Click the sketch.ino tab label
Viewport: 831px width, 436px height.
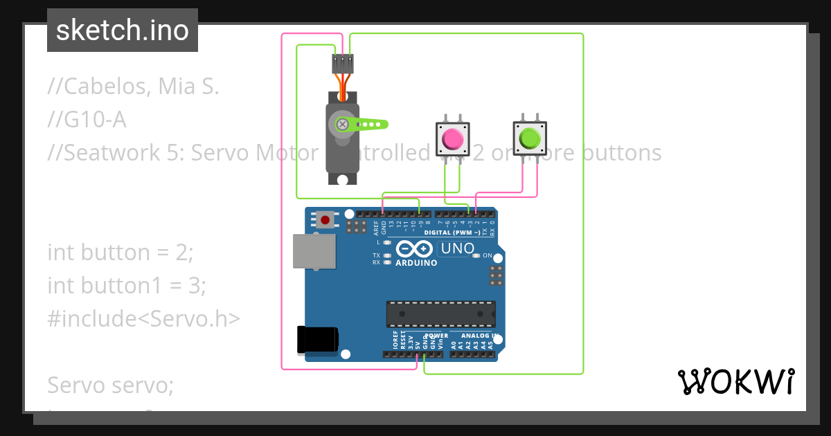(x=123, y=30)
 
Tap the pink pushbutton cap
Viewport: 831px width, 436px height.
(x=452, y=139)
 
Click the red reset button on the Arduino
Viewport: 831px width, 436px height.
(x=325, y=220)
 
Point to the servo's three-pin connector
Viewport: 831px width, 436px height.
(x=343, y=64)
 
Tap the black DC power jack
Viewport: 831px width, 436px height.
(x=317, y=339)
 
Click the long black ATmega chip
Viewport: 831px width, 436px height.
(x=440, y=314)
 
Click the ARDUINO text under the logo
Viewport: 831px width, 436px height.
(x=416, y=263)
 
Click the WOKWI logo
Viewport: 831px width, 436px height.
(x=735, y=381)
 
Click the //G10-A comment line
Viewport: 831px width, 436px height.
(x=87, y=120)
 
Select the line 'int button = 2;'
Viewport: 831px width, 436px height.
(x=120, y=253)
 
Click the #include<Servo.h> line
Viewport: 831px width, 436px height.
(x=143, y=318)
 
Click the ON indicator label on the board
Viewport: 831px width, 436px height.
(x=487, y=255)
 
